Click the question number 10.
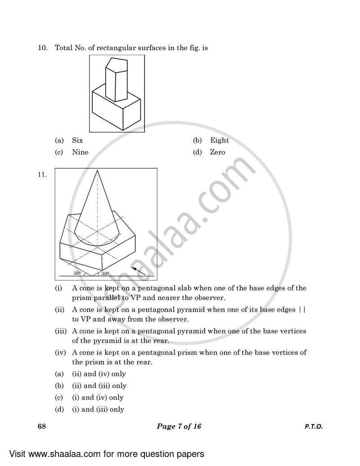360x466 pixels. (x=42, y=47)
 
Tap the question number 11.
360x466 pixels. (x=42, y=176)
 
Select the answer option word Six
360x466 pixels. (x=77, y=140)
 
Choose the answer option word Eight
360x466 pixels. (x=219, y=140)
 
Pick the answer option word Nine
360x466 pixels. (x=80, y=152)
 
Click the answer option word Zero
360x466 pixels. (x=217, y=152)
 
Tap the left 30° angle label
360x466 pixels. (x=77, y=273)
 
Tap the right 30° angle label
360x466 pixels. (x=104, y=273)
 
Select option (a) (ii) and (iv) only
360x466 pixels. (x=99, y=374)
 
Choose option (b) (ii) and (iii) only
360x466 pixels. (x=99, y=385)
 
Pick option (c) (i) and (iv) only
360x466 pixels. (x=98, y=398)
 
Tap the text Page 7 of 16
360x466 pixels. (x=179, y=426)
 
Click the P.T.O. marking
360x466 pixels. (x=310, y=426)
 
